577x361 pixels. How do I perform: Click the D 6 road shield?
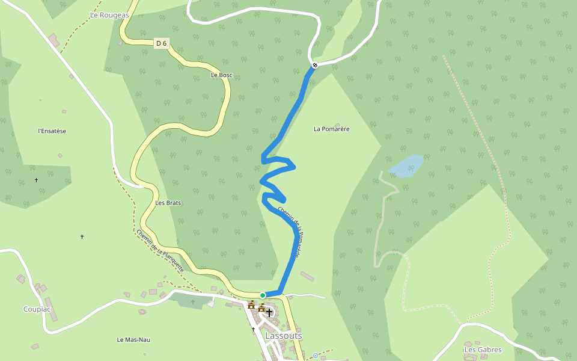click(160, 43)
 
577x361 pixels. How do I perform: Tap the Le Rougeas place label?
click(109, 15)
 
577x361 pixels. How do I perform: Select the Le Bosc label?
click(221, 75)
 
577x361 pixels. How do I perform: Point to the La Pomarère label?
click(331, 129)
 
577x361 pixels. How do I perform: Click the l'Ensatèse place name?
click(52, 131)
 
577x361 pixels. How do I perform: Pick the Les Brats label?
click(168, 203)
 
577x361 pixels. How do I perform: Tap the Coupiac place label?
click(37, 309)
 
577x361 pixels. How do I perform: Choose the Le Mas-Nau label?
click(133, 340)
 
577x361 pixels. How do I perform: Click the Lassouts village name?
click(284, 336)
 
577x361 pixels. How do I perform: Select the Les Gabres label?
click(483, 350)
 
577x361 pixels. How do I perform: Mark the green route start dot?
click(263, 295)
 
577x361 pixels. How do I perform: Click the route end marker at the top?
click(314, 65)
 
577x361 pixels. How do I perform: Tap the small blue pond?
click(407, 166)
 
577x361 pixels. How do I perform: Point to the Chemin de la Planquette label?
click(159, 251)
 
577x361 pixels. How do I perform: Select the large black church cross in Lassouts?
click(269, 312)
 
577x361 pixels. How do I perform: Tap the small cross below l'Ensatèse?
click(36, 180)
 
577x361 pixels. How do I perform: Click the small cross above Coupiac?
click(82, 236)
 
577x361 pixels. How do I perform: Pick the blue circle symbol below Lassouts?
click(316, 356)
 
